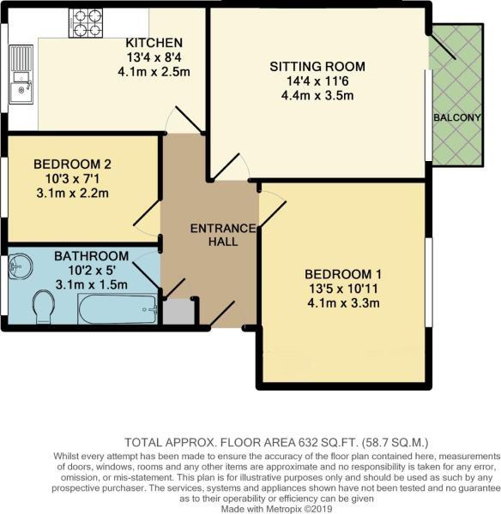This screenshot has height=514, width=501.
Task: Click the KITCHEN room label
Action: click(154, 43)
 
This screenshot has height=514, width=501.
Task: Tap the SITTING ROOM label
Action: click(317, 66)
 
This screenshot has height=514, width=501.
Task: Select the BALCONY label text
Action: click(456, 117)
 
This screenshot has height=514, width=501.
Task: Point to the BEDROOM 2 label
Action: click(72, 164)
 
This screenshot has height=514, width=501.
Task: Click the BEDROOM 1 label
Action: click(343, 273)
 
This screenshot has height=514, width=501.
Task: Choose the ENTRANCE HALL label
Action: click(223, 235)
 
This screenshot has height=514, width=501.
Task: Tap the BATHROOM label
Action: click(92, 255)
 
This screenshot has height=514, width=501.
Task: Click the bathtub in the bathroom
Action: click(118, 310)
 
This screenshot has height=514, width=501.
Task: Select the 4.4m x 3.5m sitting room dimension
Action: click(317, 95)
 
